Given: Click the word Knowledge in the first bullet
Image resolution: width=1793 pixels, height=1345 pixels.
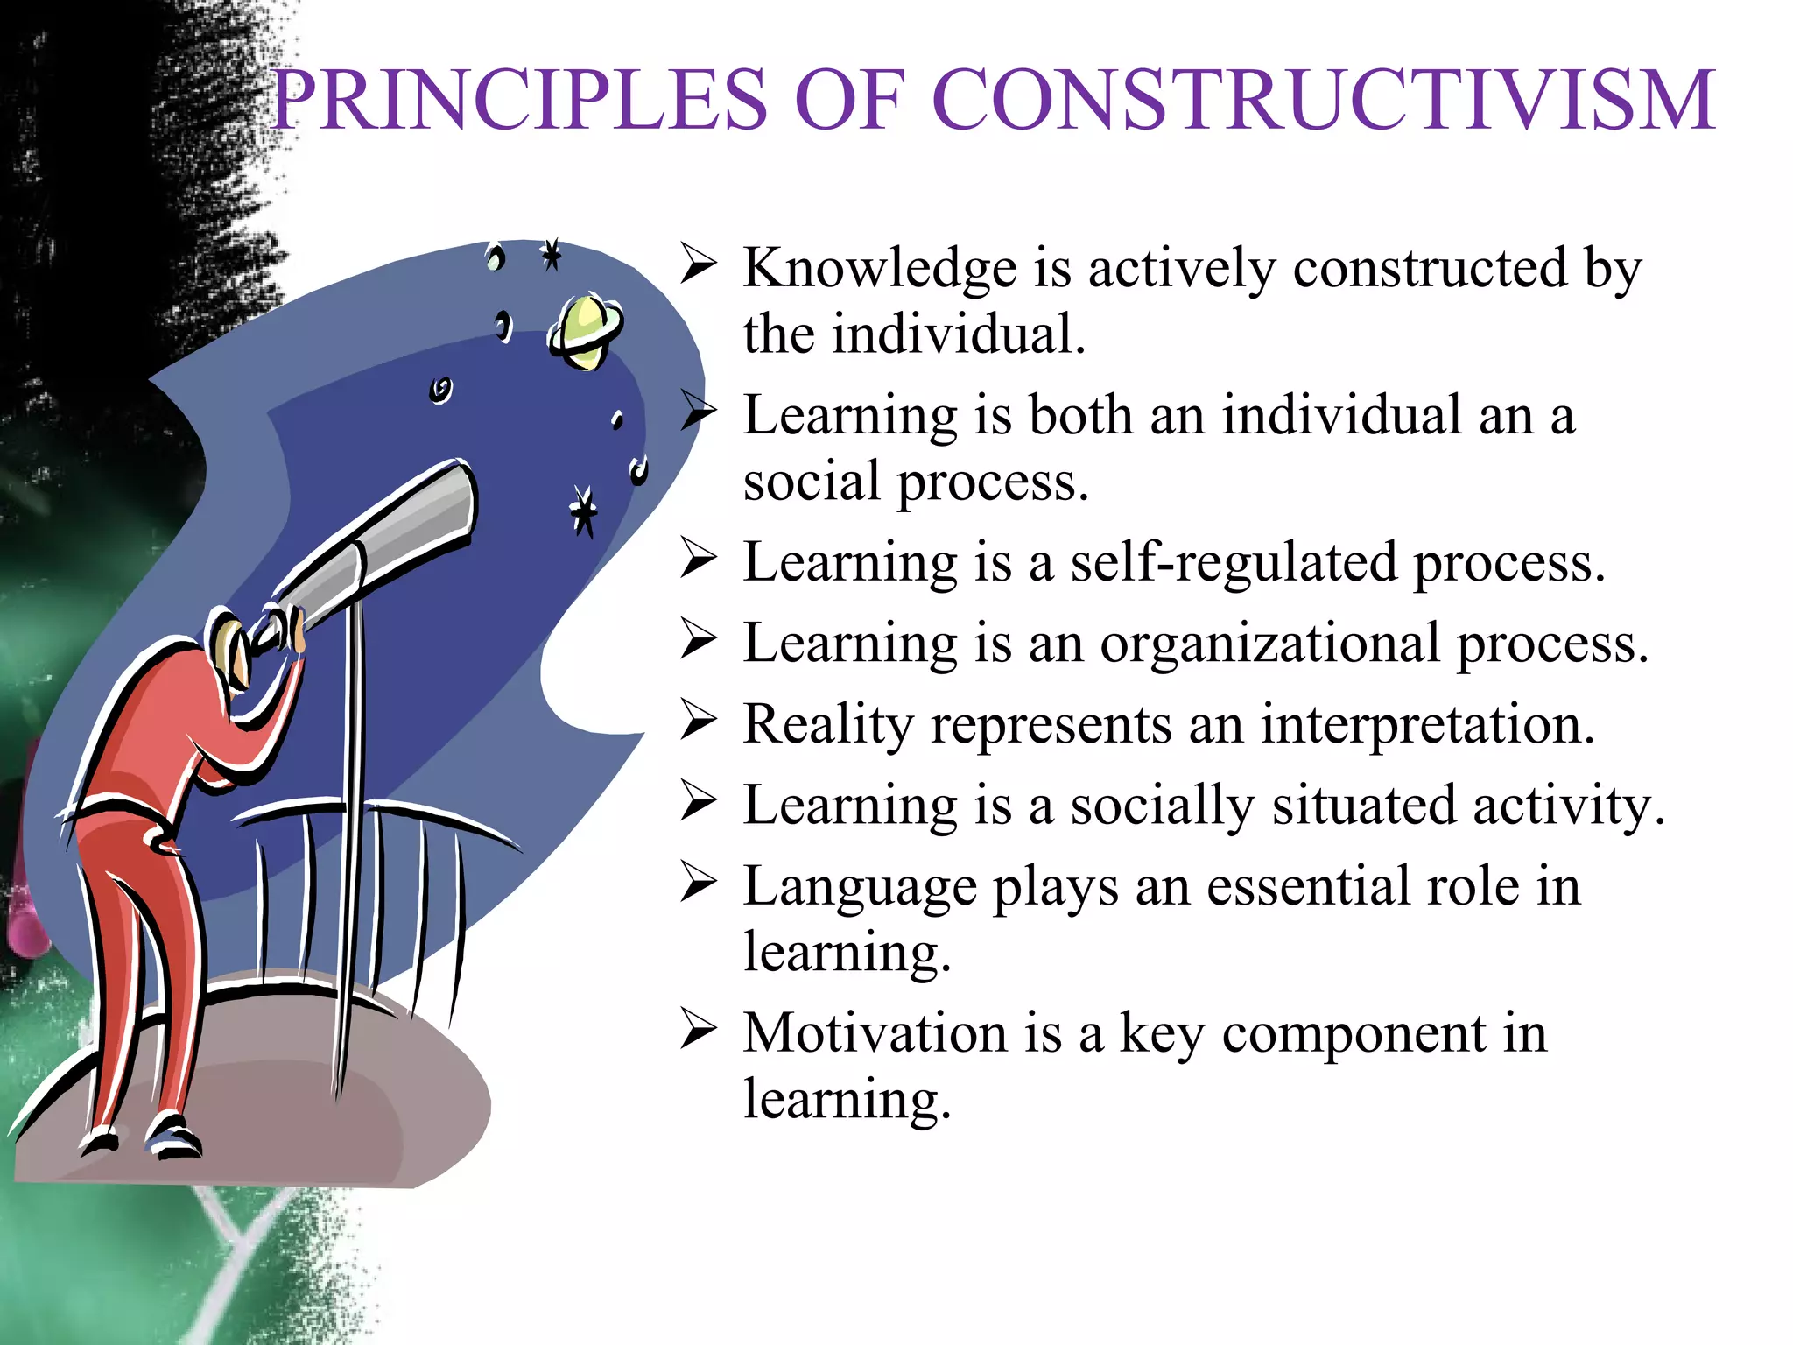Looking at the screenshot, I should (x=880, y=268).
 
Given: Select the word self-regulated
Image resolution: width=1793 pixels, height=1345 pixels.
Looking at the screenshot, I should (x=1234, y=562).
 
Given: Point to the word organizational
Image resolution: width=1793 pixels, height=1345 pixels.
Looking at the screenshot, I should (x=1269, y=644).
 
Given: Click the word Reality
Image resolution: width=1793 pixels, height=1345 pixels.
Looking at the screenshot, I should (x=828, y=726).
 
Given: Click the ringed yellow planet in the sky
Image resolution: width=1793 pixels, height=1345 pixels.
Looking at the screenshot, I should (x=585, y=331).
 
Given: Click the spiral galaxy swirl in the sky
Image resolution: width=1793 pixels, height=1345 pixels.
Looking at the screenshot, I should (x=441, y=389).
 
